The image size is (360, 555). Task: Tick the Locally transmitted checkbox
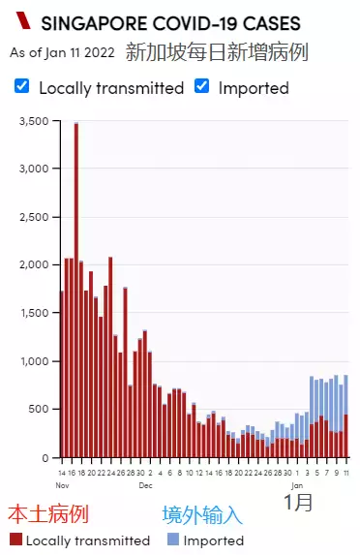click(x=21, y=86)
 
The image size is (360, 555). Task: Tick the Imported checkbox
click(x=202, y=86)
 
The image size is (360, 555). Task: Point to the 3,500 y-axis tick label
click(x=34, y=121)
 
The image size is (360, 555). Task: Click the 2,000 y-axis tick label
click(x=34, y=264)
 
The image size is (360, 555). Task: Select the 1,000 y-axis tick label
click(x=34, y=361)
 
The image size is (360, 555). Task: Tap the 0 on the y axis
click(x=45, y=457)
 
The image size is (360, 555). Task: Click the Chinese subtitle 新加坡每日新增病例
click(x=217, y=51)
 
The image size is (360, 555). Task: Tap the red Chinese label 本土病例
click(x=48, y=514)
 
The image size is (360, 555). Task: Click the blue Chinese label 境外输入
click(x=202, y=514)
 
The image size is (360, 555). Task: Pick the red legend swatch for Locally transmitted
click(x=15, y=540)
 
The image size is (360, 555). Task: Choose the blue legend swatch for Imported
click(x=172, y=540)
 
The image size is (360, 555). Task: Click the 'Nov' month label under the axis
click(x=62, y=483)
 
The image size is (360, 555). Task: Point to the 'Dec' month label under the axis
click(x=145, y=483)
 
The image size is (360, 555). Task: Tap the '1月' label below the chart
click(x=299, y=502)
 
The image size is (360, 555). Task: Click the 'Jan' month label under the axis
click(x=298, y=483)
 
